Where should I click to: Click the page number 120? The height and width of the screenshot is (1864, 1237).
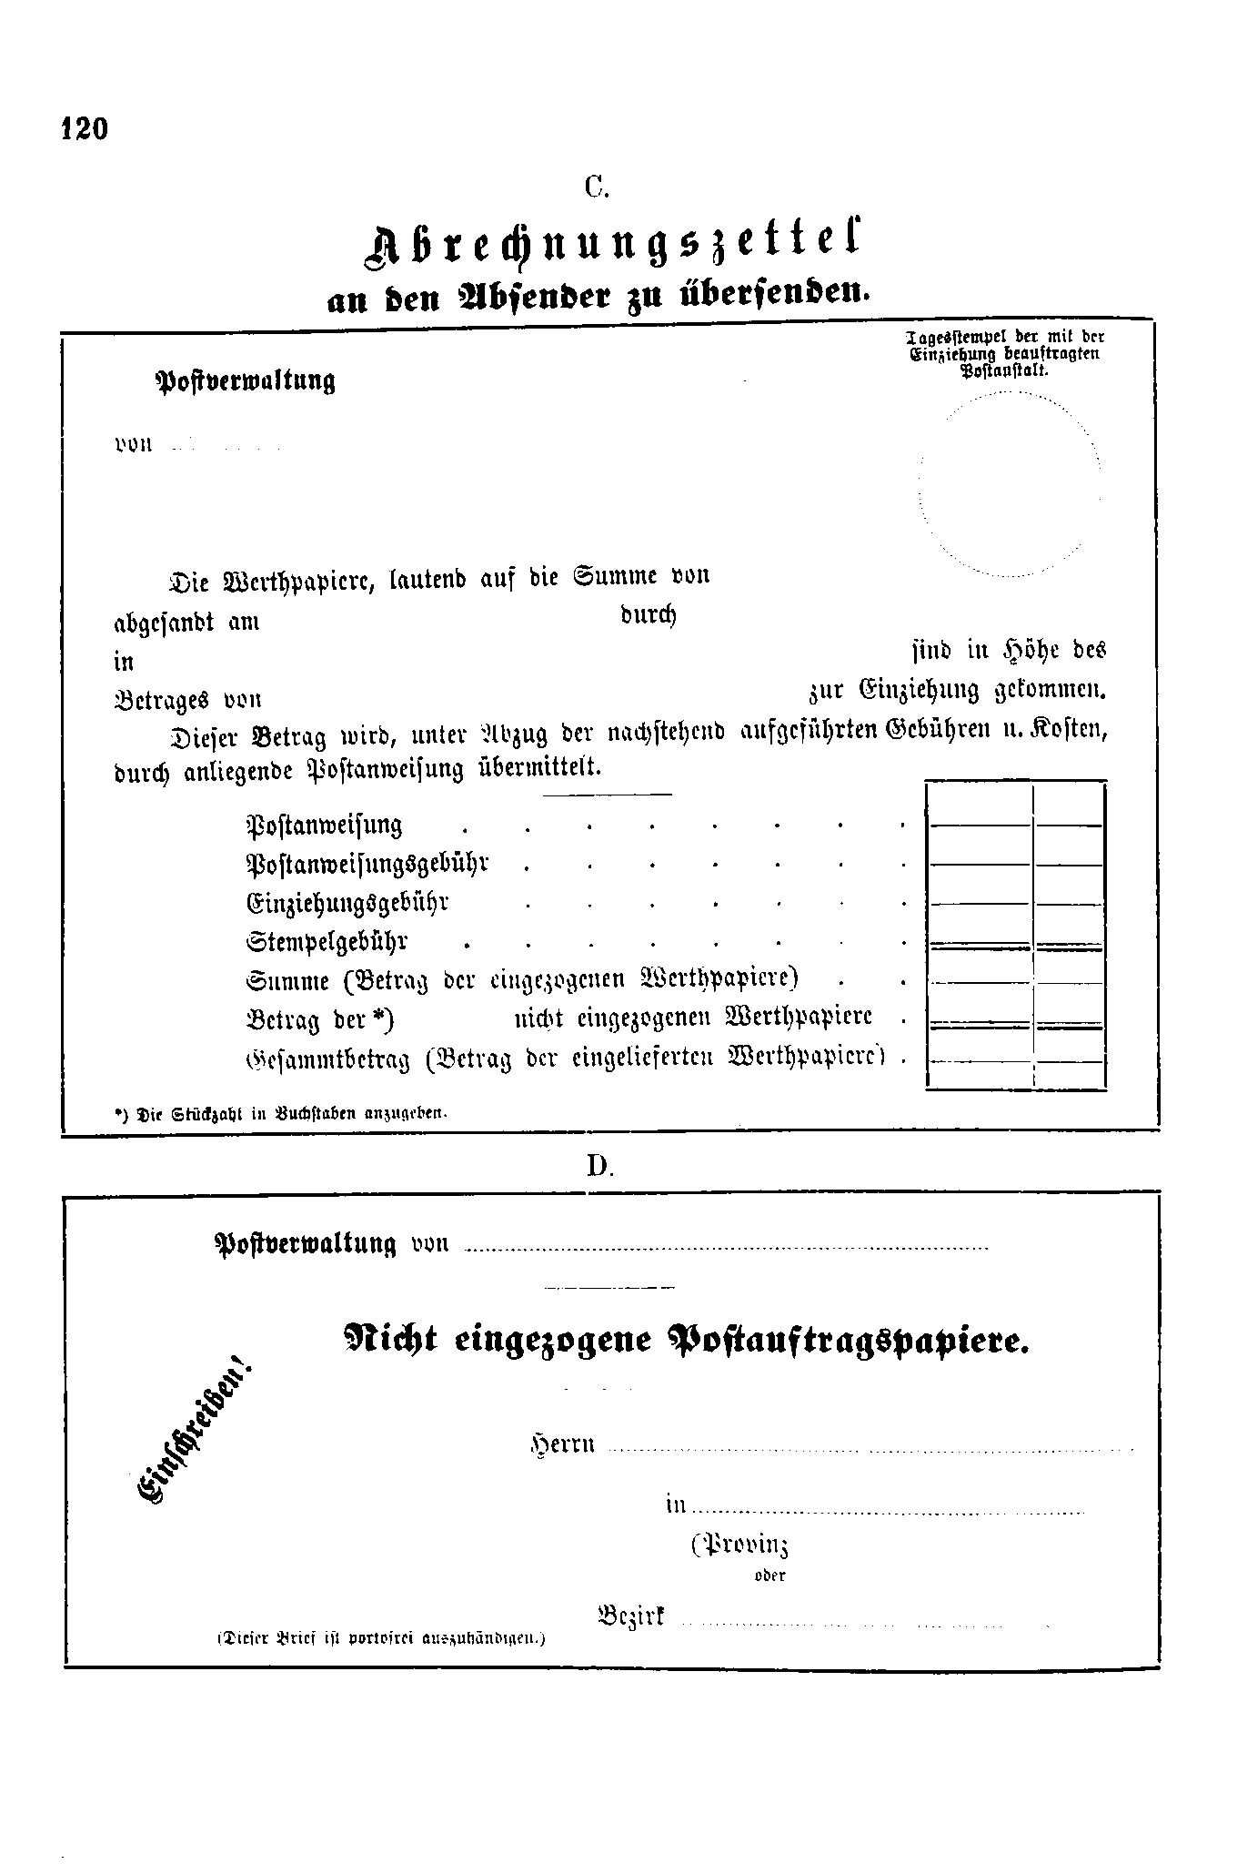pos(85,128)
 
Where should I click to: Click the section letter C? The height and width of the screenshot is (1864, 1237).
pos(596,187)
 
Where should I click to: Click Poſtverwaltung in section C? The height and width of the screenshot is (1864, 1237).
pos(246,380)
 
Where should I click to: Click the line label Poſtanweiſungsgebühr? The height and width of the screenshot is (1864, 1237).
pos(367,863)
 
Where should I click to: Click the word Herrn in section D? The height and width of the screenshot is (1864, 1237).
pos(563,1444)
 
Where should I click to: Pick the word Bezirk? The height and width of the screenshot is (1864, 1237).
pos(631,1616)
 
